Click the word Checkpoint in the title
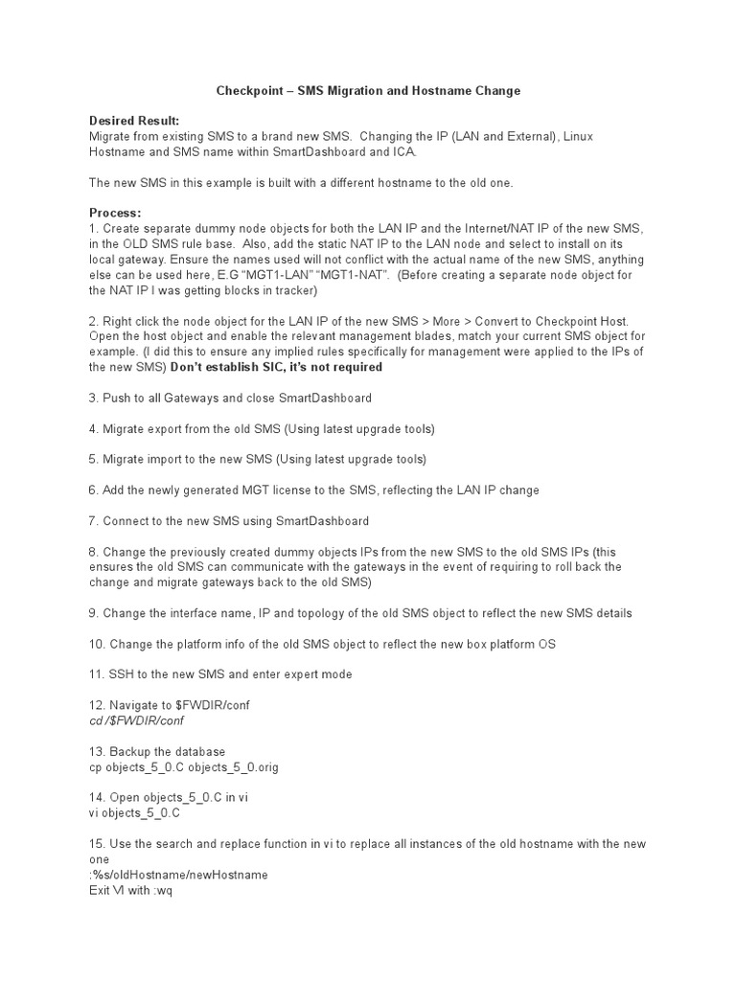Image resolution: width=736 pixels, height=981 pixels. coord(243,91)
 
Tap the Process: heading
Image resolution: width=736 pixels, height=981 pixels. coord(115,212)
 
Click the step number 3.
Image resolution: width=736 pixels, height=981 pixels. coord(92,398)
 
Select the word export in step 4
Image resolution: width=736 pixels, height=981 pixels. coord(164,428)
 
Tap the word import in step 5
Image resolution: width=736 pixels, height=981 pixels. coord(165,459)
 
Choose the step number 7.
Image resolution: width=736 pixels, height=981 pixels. coord(92,520)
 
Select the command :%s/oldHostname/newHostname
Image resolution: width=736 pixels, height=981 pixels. coord(178,874)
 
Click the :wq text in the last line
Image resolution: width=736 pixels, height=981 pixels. coord(162,889)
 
